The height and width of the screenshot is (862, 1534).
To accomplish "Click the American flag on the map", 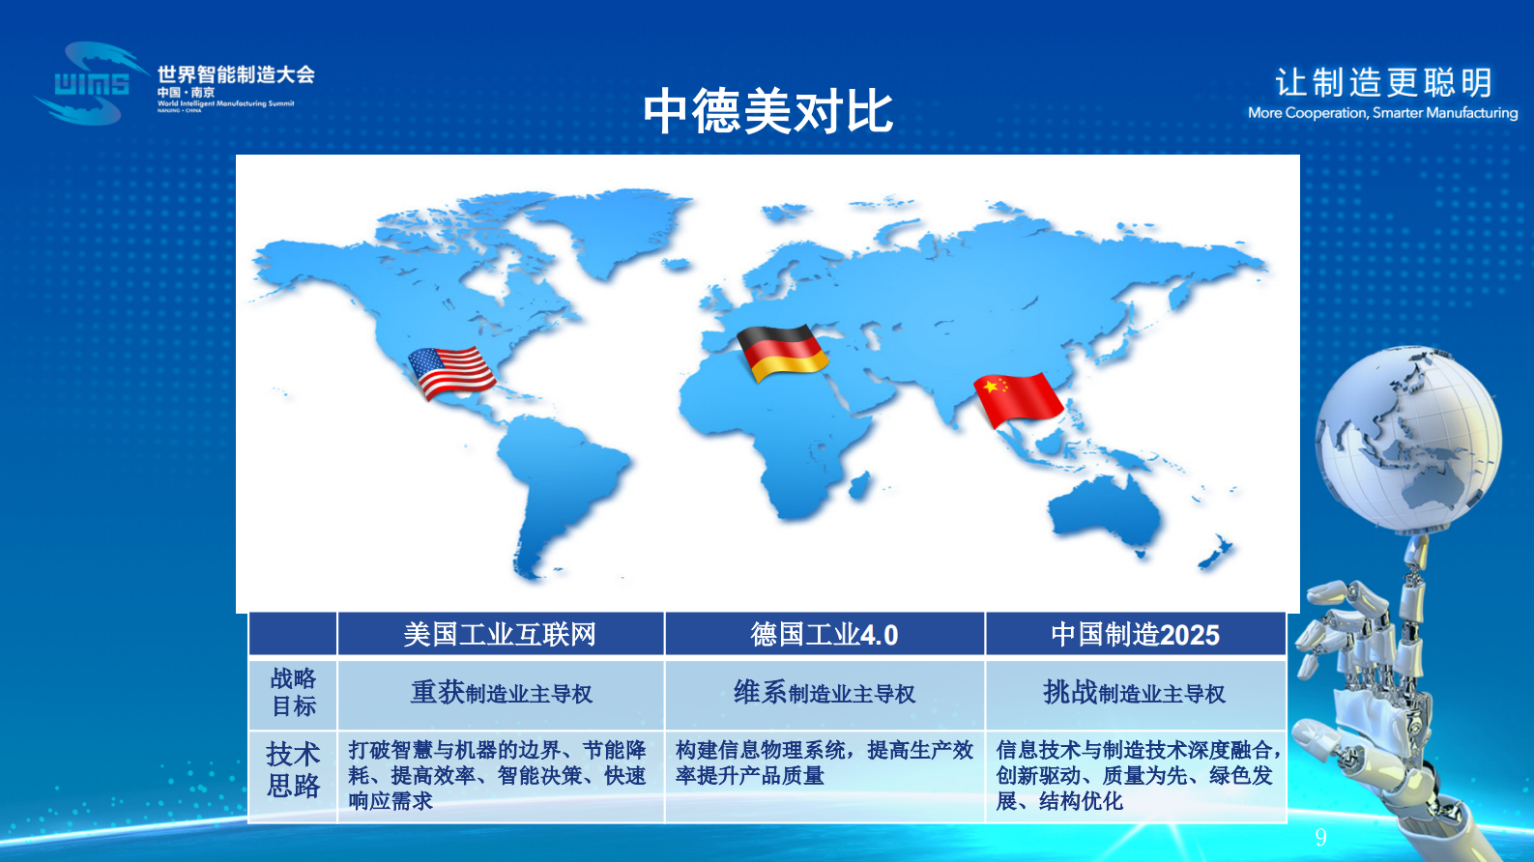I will (451, 373).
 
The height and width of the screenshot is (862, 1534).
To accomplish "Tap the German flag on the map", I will (781, 353).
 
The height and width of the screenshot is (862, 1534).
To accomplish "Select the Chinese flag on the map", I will (1018, 399).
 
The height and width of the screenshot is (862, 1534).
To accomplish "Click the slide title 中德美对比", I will (767, 111).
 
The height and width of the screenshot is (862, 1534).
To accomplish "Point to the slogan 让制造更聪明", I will (1383, 82).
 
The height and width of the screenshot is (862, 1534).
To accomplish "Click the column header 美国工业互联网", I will (500, 635).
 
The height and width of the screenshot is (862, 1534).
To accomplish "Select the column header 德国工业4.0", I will (825, 635).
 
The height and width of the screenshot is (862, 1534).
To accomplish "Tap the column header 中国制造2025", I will (1135, 635).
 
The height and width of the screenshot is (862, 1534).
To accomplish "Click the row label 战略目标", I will (293, 693).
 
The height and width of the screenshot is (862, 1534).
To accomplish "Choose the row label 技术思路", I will (293, 770).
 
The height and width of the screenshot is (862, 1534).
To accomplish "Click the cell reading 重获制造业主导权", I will (501, 693).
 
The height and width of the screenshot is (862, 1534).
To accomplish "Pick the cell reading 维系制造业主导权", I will (825, 693).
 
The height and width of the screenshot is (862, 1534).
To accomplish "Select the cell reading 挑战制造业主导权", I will (1135, 693).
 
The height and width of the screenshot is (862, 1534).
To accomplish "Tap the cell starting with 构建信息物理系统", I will (824, 762).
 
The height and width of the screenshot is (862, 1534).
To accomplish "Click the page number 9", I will (1320, 837).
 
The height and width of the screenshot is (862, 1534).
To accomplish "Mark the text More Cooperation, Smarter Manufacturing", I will (1382, 113).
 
